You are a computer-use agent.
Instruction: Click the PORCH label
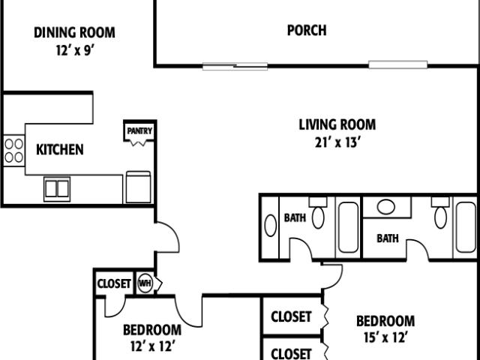[x=307, y=31]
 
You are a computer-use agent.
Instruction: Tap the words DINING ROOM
[x=74, y=32]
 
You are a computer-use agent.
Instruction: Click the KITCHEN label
[x=60, y=149]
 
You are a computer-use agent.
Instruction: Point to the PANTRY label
[x=139, y=131]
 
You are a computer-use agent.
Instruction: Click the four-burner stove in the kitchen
[x=13, y=150]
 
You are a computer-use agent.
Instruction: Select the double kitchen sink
[x=57, y=187]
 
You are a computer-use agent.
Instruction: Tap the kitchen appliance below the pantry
[x=139, y=187]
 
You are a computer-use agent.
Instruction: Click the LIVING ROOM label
[x=337, y=124]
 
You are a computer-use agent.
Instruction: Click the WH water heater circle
[x=144, y=283]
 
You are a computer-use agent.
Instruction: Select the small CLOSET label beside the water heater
[x=114, y=284]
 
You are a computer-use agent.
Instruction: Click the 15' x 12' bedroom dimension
[x=385, y=337]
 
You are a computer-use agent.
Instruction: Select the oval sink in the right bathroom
[x=387, y=207]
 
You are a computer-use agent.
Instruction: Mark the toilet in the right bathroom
[x=440, y=214]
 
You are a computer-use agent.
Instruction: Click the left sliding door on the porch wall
[x=235, y=66]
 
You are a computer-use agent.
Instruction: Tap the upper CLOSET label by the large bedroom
[x=291, y=316]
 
